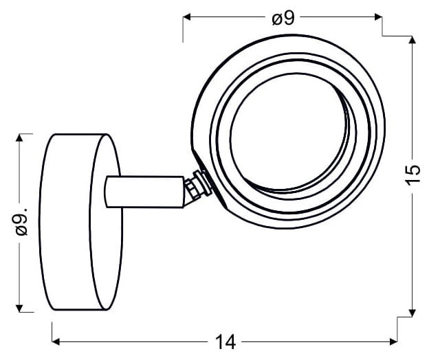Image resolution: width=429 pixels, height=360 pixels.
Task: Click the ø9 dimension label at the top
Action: click(283, 19)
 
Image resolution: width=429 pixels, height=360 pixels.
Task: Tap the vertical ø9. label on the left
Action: click(21, 221)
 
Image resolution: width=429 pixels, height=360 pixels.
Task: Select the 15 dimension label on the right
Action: click(413, 175)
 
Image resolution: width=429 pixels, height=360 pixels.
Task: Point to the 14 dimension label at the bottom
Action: click(225, 342)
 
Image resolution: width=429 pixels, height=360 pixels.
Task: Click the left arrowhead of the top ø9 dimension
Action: click(186, 17)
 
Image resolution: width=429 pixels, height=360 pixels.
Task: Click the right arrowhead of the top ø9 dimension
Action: click(378, 17)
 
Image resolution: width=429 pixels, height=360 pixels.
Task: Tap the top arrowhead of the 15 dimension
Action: click(412, 40)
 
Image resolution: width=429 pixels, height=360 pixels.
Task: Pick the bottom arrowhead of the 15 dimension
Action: click(412, 313)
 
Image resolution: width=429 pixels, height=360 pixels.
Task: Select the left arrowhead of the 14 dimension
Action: click(56, 341)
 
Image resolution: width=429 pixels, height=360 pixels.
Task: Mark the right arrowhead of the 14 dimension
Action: click(393, 341)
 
